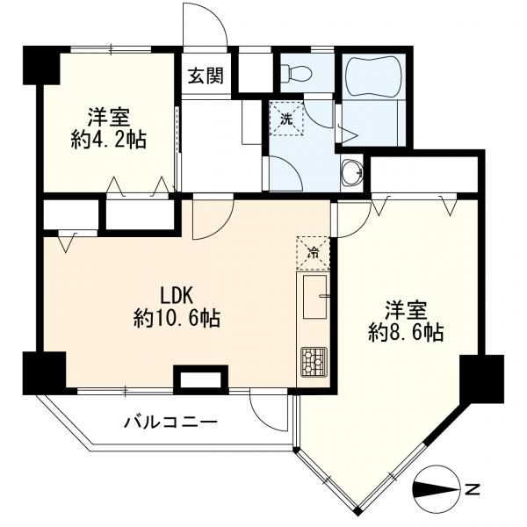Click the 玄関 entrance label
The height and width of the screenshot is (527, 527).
click(206, 76)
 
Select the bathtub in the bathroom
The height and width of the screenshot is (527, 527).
click(374, 76)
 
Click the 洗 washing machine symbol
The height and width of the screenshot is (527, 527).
click(286, 118)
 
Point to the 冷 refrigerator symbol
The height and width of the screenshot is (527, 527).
click(313, 253)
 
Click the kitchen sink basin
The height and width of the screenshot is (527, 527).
click(314, 297)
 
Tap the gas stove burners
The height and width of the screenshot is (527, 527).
click(314, 361)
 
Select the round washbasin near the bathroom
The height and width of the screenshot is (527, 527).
click(352, 172)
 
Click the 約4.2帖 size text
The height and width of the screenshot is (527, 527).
click(109, 140)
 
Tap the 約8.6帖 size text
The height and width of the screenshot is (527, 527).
click(406, 332)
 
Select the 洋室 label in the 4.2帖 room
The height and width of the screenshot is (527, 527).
click(109, 117)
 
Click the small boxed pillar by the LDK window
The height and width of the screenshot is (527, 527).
click(200, 379)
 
